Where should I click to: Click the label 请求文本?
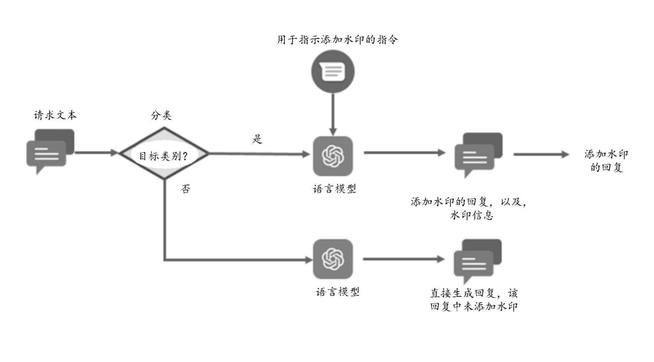pyautogui.click(x=56, y=115)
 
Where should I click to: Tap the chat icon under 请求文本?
pyautogui.click(x=49, y=151)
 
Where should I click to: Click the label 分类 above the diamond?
pyautogui.click(x=161, y=116)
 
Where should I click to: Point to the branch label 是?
pyautogui.click(x=257, y=140)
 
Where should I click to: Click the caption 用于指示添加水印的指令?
pyautogui.click(x=338, y=40)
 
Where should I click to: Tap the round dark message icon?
pyautogui.click(x=333, y=73)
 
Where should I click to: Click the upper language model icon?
pyautogui.click(x=333, y=156)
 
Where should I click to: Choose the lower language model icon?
pyautogui.click(x=333, y=259)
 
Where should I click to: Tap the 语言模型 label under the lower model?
pyautogui.click(x=338, y=292)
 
